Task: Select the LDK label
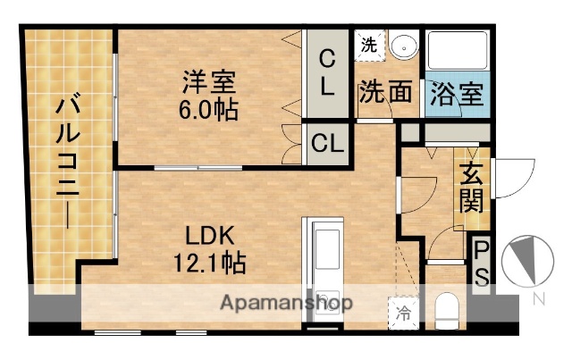click(209, 237)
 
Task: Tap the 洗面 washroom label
click(385, 92)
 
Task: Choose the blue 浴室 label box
click(456, 93)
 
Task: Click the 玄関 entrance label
click(471, 187)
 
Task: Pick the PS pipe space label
click(481, 261)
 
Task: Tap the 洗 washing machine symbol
click(369, 43)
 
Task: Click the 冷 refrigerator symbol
click(404, 313)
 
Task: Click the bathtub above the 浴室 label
click(456, 53)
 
